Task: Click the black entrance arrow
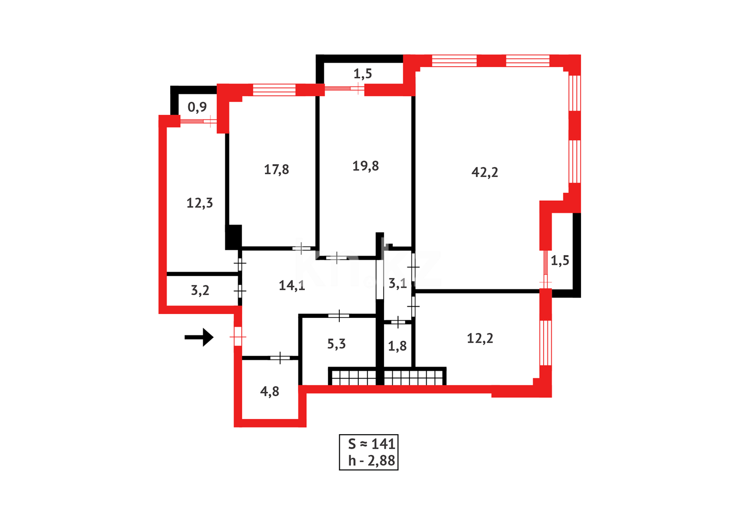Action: point(199,337)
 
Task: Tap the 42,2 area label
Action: point(485,172)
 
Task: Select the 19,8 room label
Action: point(366,166)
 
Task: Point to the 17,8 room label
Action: point(276,169)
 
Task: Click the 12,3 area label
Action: point(199,203)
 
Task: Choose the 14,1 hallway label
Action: point(292,285)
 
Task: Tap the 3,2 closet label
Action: point(200,290)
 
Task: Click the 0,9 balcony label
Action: point(197,107)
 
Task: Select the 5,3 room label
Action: point(336,344)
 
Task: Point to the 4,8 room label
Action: point(270,391)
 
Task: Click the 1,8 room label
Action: point(397,346)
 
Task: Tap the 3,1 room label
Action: point(398,283)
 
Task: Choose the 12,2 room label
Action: point(480,338)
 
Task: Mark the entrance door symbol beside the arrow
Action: point(238,336)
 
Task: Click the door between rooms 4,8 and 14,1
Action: point(280,358)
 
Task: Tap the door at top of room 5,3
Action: point(339,316)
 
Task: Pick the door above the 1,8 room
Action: point(398,322)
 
